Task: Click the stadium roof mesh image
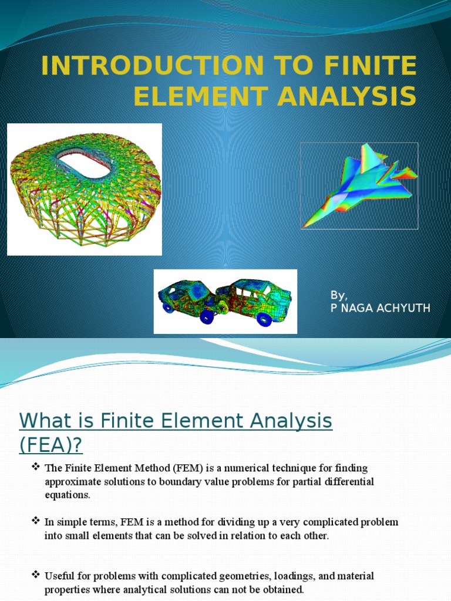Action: [85, 189]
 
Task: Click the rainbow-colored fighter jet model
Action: [359, 185]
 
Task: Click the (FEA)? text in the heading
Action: [51, 445]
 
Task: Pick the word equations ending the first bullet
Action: [67, 495]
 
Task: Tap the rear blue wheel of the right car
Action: [264, 319]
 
